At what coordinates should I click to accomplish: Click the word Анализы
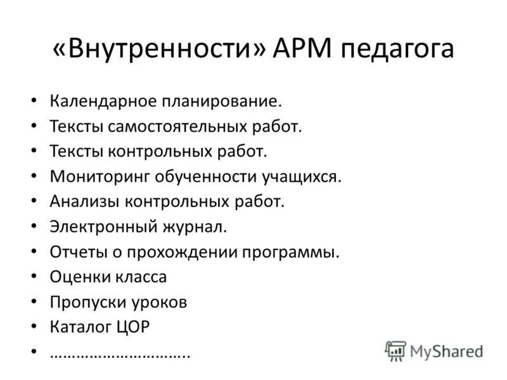point(83,202)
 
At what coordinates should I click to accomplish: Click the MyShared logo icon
point(395,350)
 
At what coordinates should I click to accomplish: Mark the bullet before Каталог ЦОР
point(34,327)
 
